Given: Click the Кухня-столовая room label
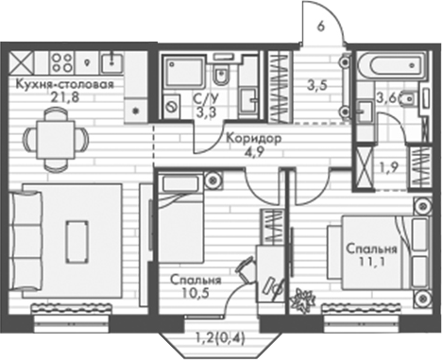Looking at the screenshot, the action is (x=65, y=84).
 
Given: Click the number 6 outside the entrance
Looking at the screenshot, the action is (x=322, y=25).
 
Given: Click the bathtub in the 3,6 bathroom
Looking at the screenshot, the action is (x=384, y=67).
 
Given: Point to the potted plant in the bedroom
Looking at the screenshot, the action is (x=304, y=300).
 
